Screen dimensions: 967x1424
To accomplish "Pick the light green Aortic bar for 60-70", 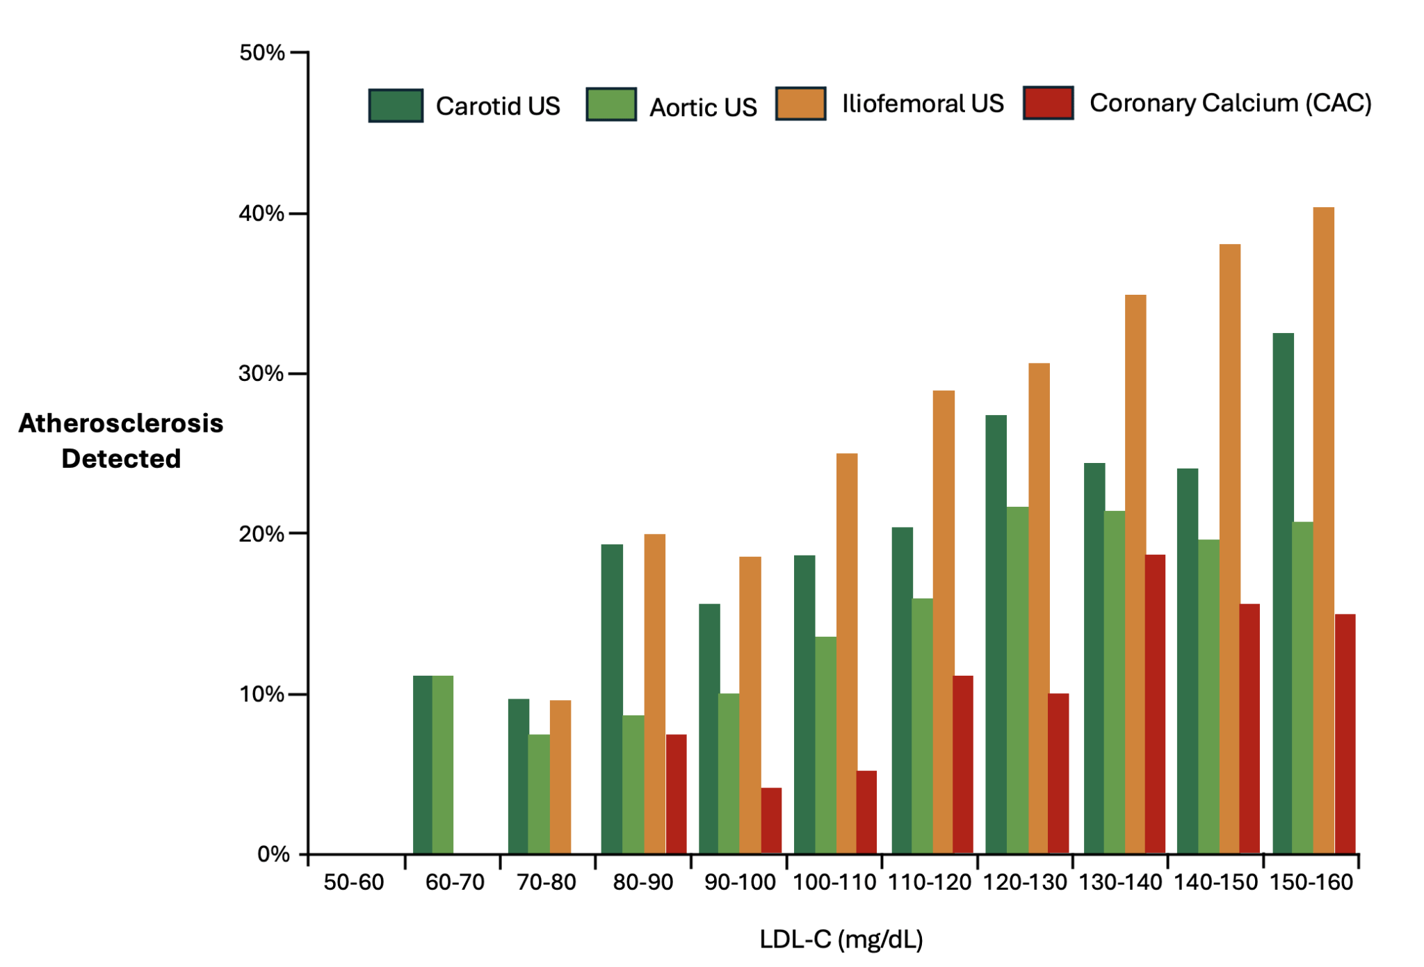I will tap(443, 765).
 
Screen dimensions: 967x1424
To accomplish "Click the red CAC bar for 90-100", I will tap(771, 820).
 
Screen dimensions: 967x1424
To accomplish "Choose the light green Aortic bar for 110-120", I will tap(922, 726).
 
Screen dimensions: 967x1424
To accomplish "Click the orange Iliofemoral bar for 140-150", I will tap(1229, 548).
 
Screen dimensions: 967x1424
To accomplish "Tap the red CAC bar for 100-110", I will tap(866, 812).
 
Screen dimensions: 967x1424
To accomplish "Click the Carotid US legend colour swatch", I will tap(396, 106).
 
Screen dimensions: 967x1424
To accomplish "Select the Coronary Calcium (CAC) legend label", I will tap(1230, 103).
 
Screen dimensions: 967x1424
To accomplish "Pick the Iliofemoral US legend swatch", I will tap(800, 104).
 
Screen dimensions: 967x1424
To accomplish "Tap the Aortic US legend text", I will tap(703, 107).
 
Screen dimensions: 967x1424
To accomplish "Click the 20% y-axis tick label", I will tap(261, 534).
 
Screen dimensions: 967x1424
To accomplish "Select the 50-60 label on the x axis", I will tap(354, 882).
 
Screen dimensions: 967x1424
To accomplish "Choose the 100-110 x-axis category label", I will tap(834, 882).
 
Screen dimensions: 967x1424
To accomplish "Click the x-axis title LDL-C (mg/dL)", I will tap(841, 939).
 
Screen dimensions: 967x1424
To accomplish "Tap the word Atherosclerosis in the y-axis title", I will tap(121, 423).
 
